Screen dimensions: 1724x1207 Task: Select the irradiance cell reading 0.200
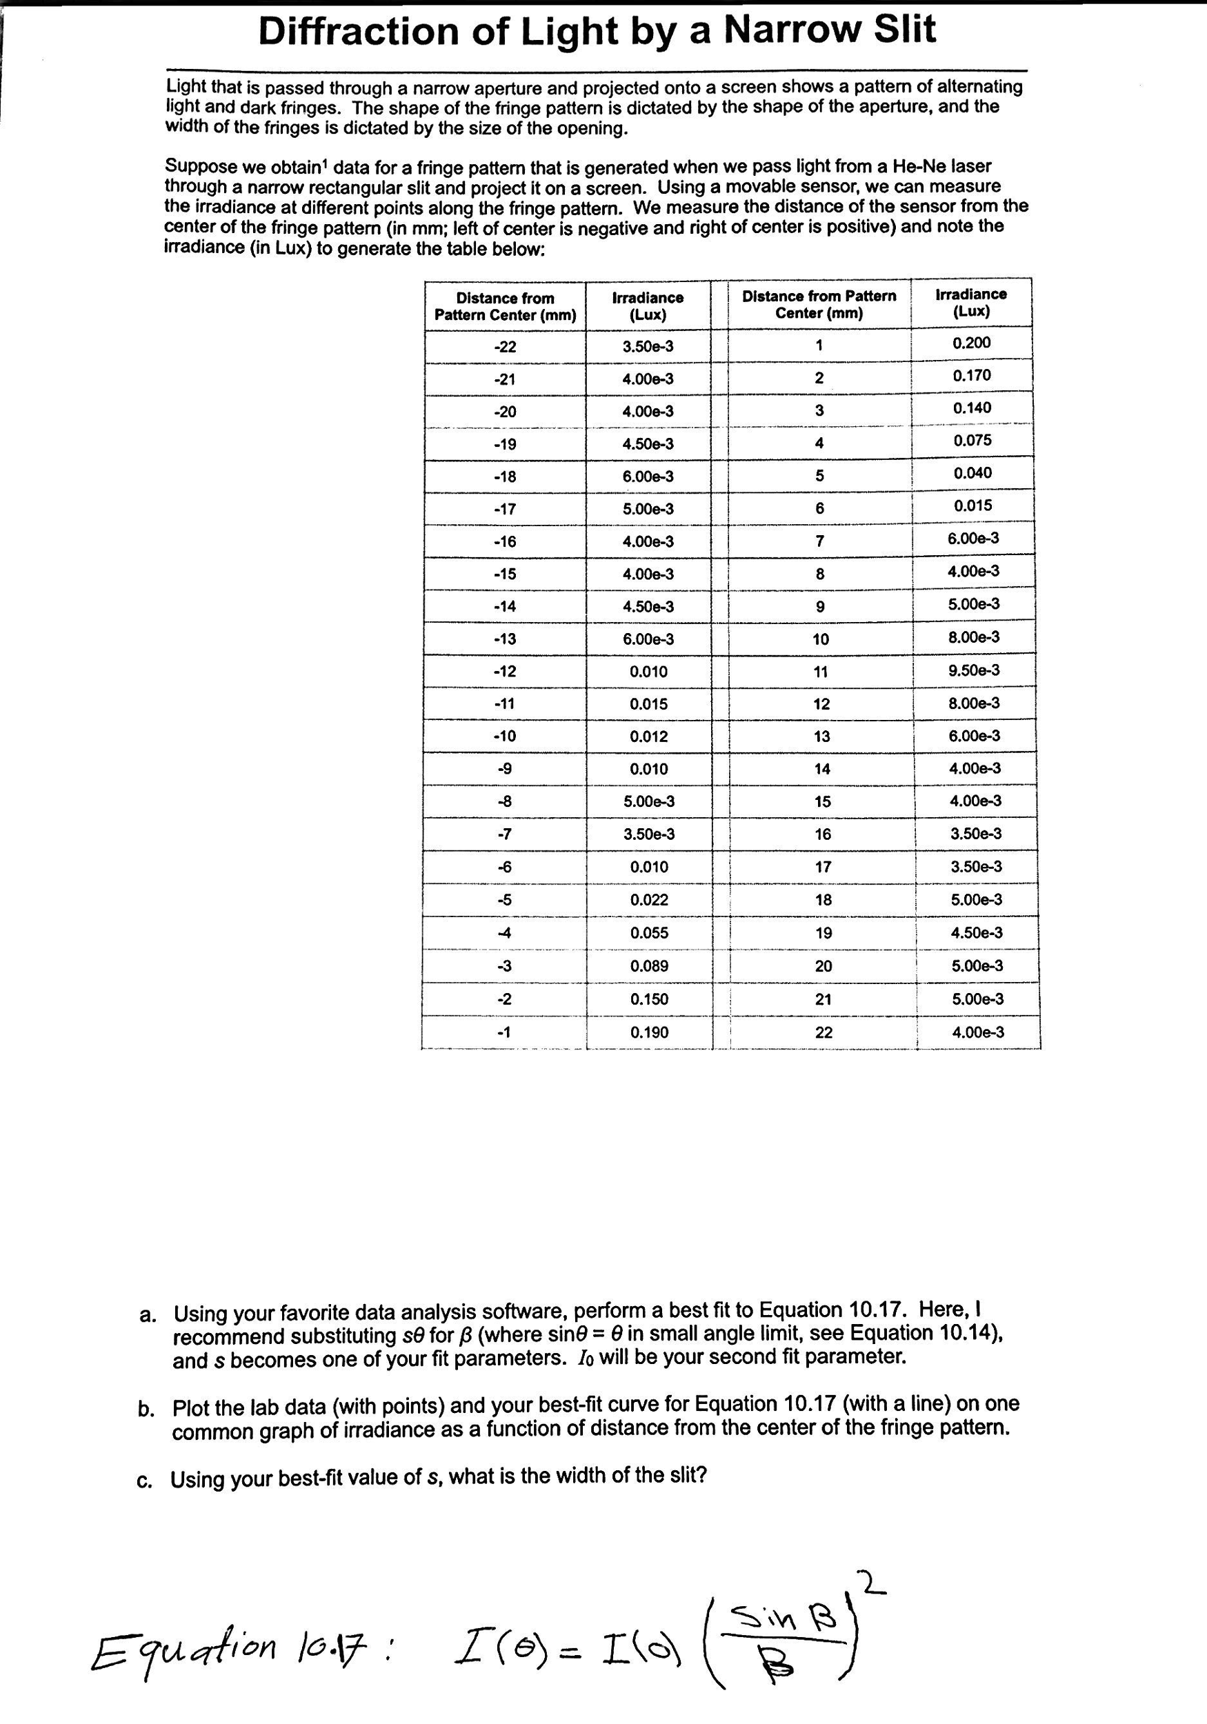[971, 343]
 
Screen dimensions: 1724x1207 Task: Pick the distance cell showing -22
[505, 347]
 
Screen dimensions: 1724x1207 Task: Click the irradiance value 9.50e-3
[973, 670]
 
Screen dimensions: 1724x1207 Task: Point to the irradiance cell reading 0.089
[650, 966]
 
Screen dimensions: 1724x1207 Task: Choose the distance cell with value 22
[824, 1032]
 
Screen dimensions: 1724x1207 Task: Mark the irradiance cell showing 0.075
[972, 441]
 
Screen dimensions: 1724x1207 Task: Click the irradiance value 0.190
[650, 1032]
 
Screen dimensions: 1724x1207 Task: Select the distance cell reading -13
[505, 639]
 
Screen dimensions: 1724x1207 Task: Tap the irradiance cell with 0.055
[650, 933]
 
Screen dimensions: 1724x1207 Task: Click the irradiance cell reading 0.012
[649, 736]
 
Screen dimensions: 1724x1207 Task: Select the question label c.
[145, 1480]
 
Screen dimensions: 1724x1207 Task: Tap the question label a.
[148, 1315]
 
